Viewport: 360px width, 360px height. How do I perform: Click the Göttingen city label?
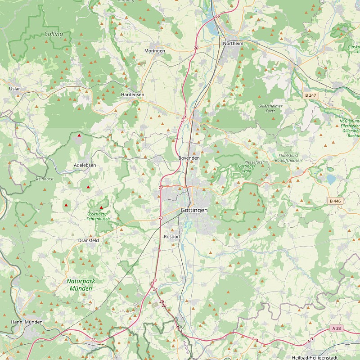click(x=194, y=210)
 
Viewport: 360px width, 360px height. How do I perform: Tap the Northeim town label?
click(x=233, y=43)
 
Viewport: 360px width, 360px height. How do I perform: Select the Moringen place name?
click(x=154, y=51)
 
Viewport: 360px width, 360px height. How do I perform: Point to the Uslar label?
click(x=15, y=89)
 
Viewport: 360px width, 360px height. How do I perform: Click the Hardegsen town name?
click(x=133, y=95)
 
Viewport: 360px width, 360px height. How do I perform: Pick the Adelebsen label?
click(x=85, y=166)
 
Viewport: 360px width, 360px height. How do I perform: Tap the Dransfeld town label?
click(x=88, y=240)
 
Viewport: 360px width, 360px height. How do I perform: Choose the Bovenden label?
click(x=189, y=158)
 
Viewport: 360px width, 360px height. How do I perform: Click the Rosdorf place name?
click(x=172, y=236)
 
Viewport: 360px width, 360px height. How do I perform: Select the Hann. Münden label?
click(x=27, y=322)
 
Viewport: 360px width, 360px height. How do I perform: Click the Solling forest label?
click(x=54, y=34)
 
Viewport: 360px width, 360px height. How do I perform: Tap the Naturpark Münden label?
click(x=81, y=284)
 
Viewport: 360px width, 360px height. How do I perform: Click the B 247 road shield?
click(x=310, y=95)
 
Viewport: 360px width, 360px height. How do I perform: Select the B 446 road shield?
click(x=335, y=201)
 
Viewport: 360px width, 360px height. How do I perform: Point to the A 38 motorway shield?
click(x=336, y=328)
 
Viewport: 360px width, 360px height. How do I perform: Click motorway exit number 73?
click(x=161, y=218)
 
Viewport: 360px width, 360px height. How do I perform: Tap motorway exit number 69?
click(x=218, y=16)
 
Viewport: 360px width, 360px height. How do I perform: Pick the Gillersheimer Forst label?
click(x=270, y=108)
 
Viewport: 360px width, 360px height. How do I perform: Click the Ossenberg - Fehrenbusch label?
click(x=98, y=216)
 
